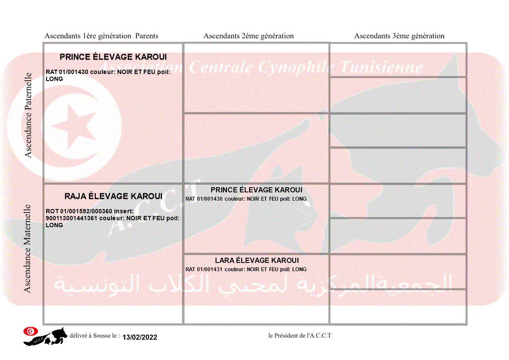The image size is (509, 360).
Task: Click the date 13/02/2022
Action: coord(140,337)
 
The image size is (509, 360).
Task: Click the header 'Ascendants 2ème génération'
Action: coord(249,36)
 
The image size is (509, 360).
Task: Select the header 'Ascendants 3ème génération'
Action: coord(399,36)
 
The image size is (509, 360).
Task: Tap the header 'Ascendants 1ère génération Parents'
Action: coord(101,36)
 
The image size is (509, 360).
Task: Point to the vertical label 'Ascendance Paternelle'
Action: coord(28,115)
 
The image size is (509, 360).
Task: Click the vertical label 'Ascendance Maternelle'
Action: coord(27,249)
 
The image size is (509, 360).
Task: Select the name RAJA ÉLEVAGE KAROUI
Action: coord(113,196)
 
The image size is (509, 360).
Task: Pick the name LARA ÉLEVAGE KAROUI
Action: coord(257,260)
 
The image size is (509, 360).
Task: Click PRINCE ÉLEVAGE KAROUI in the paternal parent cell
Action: coord(113,57)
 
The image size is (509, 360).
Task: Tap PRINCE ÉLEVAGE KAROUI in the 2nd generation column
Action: coord(256,190)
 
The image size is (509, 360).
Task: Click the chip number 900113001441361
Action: coord(71,218)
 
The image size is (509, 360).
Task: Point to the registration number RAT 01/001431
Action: coord(204,269)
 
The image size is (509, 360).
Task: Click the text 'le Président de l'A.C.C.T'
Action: coord(300,336)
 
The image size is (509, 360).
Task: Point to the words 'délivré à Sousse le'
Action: coord(94,336)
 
